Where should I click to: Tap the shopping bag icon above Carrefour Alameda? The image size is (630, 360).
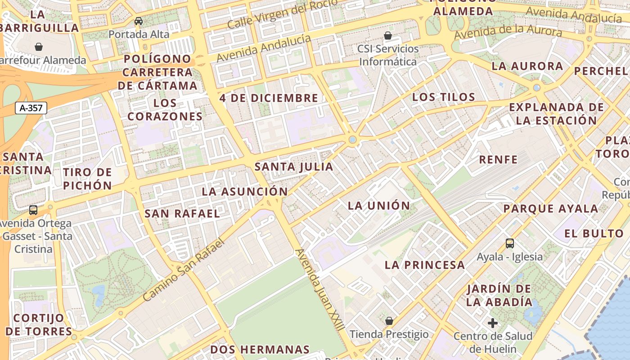click(39, 46)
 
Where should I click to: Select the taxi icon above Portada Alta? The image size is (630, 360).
click(139, 21)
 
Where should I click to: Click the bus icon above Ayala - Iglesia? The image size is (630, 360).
click(510, 243)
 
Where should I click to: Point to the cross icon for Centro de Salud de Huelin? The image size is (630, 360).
click(493, 323)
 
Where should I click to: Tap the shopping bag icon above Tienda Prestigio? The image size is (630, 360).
click(389, 321)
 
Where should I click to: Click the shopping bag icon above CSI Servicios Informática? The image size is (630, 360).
click(388, 35)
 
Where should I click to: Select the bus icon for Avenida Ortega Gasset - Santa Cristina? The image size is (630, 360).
click(33, 210)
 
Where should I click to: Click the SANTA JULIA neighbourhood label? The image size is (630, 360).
click(294, 167)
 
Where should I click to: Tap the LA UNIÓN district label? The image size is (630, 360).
click(379, 206)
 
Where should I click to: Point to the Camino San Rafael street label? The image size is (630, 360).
click(183, 270)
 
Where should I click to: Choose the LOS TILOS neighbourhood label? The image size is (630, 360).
click(444, 97)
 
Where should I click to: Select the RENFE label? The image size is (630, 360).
click(498, 159)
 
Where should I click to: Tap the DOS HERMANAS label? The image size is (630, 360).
click(260, 350)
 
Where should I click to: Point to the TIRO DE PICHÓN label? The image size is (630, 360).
click(87, 179)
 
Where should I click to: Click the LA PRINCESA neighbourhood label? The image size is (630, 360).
click(425, 265)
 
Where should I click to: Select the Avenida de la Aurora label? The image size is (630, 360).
click(508, 32)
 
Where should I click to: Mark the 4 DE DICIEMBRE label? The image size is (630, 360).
click(269, 98)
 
